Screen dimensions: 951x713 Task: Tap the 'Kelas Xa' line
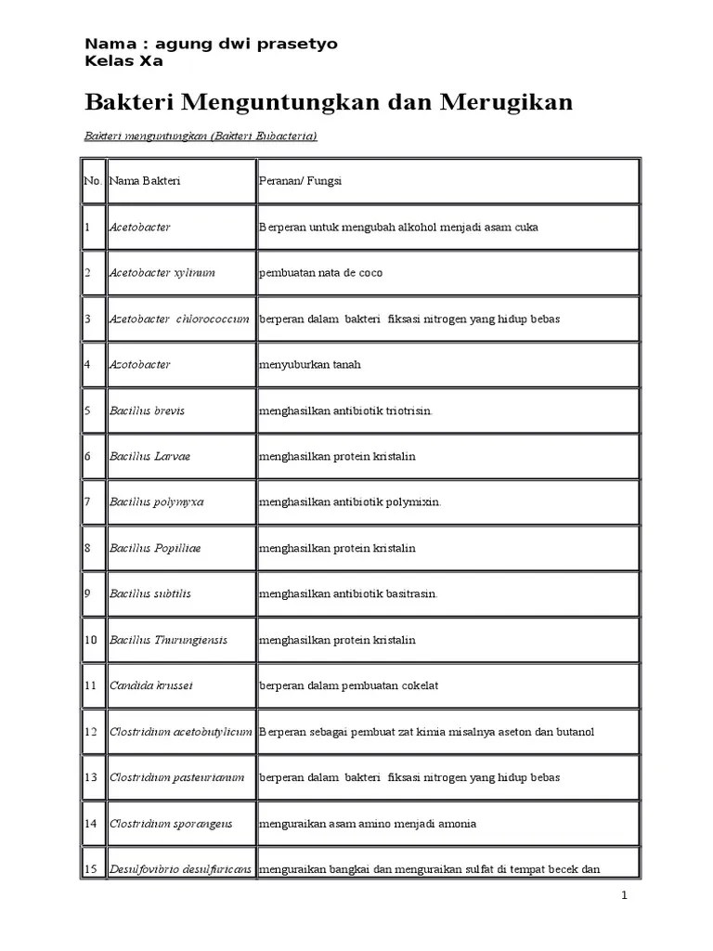[123, 61]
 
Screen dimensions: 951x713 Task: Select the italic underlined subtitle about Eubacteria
[201, 137]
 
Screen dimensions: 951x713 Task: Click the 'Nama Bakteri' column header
[145, 181]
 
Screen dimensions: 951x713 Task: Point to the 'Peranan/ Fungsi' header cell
[301, 181]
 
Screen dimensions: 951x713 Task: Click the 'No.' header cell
[92, 181]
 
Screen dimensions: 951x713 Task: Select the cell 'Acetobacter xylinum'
[162, 273]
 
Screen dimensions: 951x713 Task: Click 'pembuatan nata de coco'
[320, 273]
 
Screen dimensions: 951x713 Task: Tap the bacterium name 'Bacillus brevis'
[148, 410]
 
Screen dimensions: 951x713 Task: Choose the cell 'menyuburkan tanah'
[310, 365]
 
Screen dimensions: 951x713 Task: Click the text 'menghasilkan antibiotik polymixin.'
[350, 502]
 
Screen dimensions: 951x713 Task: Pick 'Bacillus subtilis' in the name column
[150, 593]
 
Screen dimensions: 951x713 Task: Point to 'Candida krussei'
[150, 685]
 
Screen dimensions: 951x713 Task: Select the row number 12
[90, 732]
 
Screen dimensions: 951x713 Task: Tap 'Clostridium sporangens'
[171, 823]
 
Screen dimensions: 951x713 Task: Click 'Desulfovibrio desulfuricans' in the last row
[180, 869]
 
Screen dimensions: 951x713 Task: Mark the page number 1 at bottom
[625, 895]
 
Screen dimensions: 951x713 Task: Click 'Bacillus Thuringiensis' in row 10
[168, 640]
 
